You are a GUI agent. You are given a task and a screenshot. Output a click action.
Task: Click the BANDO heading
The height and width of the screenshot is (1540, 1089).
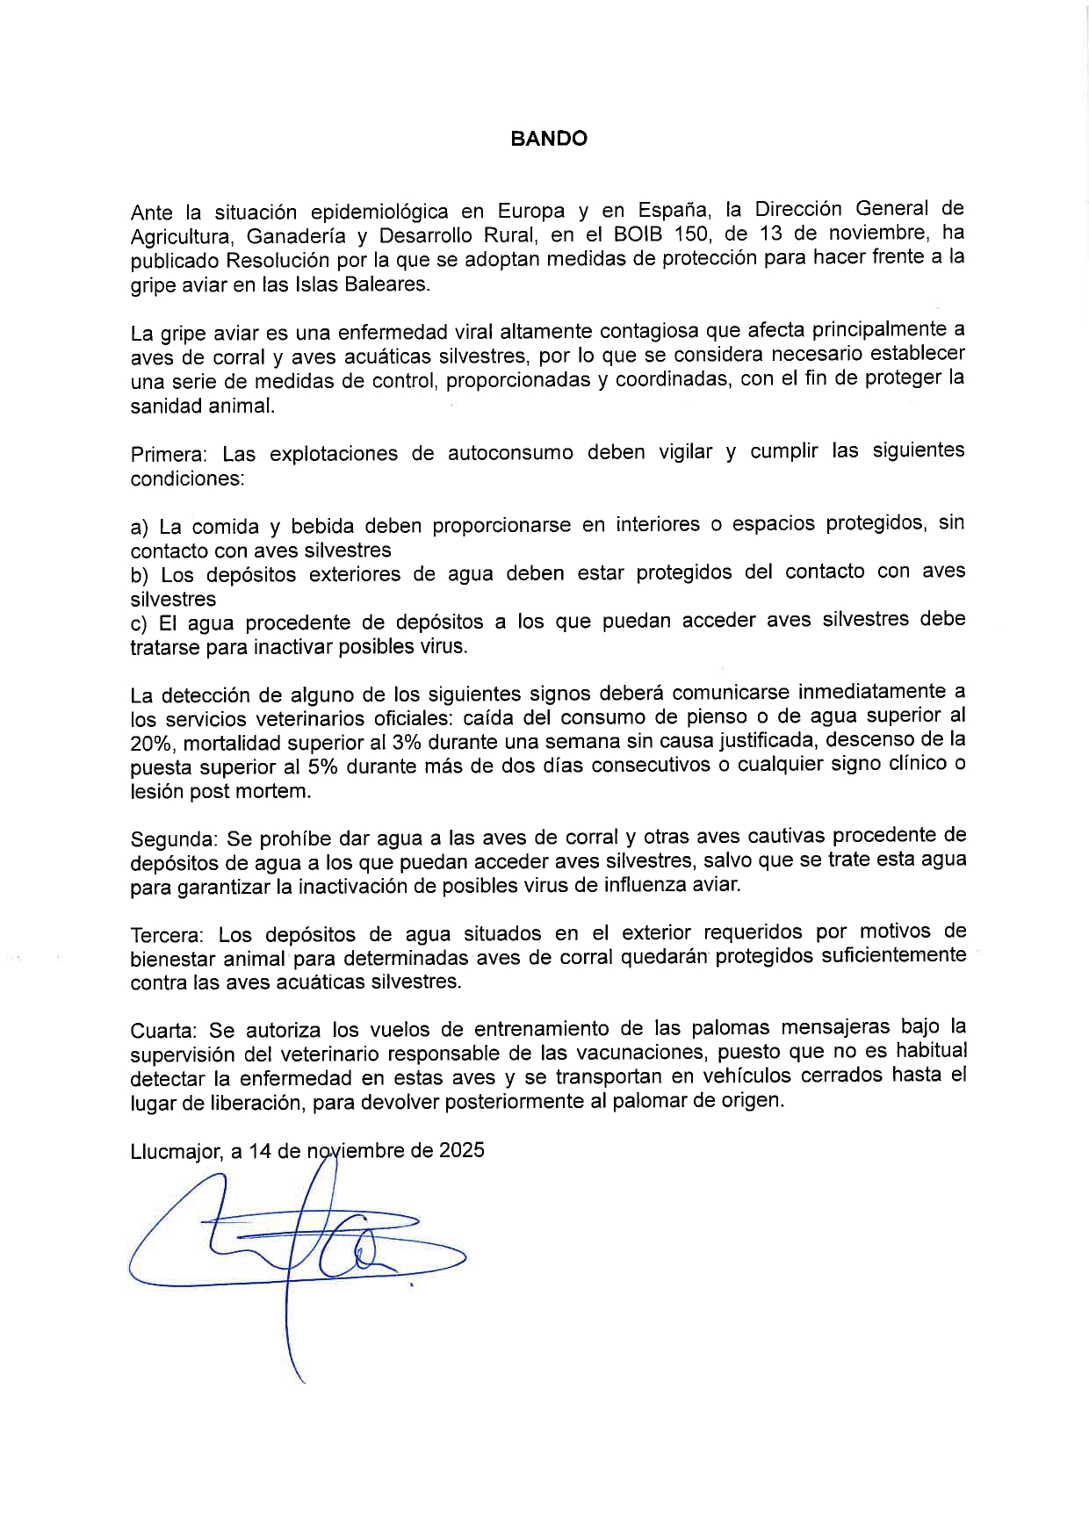(x=549, y=139)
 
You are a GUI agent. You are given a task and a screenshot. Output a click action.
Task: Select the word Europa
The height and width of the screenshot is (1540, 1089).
(x=531, y=212)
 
